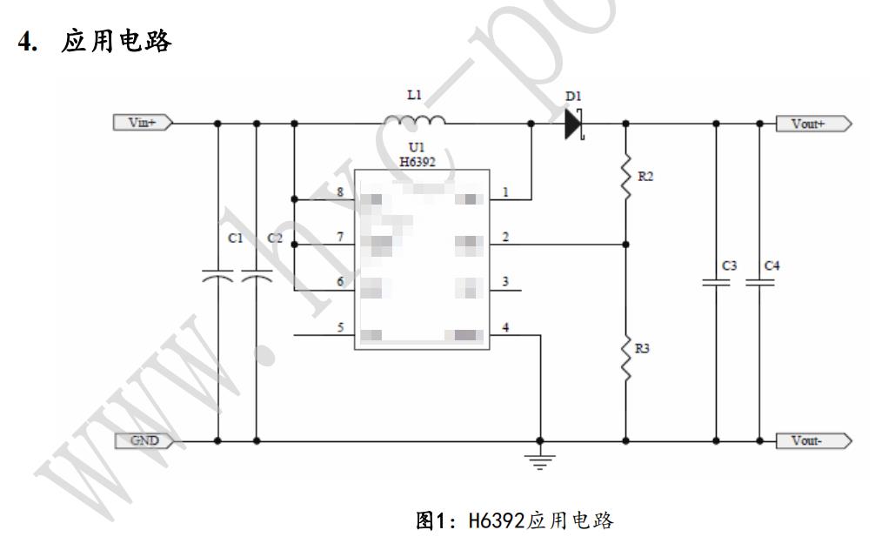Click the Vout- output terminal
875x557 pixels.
(810, 440)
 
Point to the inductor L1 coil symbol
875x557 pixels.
(415, 120)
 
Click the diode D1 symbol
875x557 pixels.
(572, 124)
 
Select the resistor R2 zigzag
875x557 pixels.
(626, 177)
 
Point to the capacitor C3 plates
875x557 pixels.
(717, 282)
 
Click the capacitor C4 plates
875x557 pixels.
(758, 282)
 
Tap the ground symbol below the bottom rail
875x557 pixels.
(540, 460)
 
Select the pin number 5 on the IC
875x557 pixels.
(340, 327)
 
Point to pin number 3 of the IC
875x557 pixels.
(505, 282)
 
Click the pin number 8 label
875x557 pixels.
(340, 191)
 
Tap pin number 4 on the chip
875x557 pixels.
(505, 327)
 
